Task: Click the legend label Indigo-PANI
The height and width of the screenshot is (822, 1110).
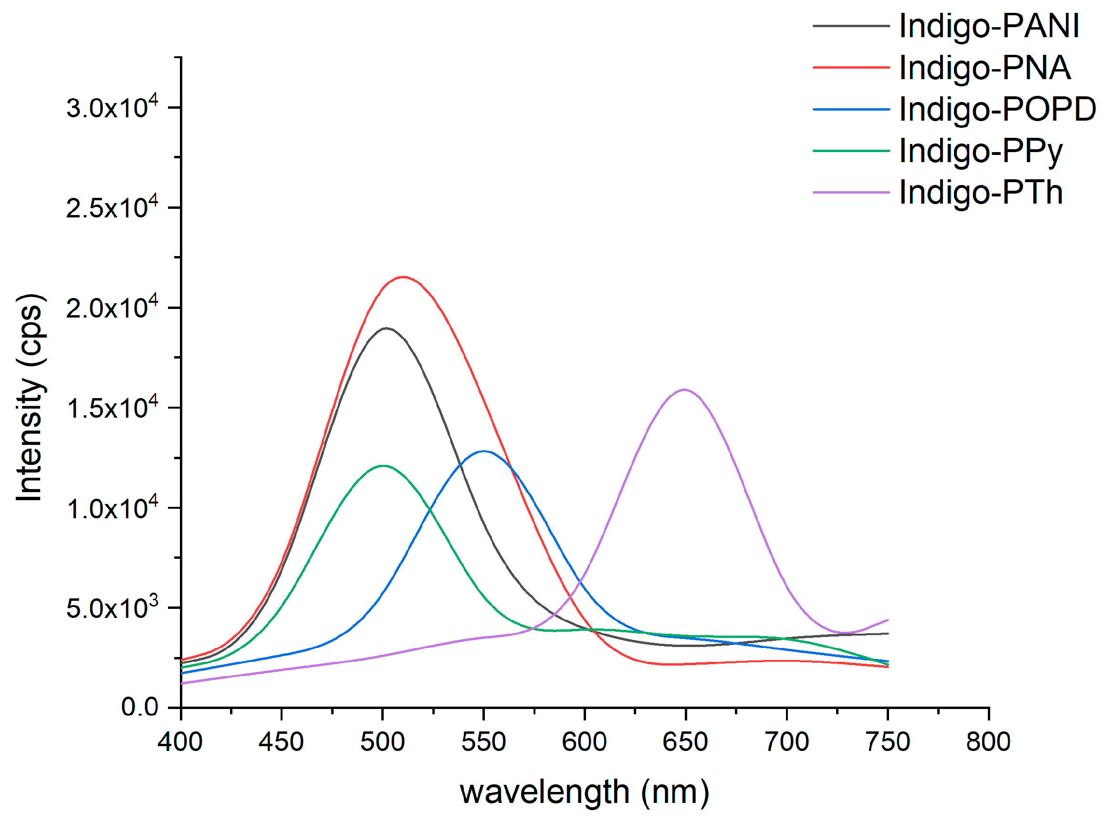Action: (988, 26)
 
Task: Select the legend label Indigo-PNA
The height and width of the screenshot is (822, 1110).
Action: (984, 68)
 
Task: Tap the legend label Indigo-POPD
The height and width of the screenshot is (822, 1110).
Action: (997, 109)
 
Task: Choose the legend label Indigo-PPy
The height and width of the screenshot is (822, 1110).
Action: (981, 151)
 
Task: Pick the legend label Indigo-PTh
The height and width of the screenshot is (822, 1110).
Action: (981, 193)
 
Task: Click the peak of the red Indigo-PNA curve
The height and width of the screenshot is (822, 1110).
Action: (403, 277)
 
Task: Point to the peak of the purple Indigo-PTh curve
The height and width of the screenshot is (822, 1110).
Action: (684, 389)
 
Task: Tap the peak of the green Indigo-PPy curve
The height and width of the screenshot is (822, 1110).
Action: (382, 465)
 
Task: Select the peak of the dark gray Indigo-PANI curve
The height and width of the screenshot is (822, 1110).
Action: (386, 328)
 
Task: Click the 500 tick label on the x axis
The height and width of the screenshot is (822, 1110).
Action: (382, 742)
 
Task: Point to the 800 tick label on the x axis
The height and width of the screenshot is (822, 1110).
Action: (988, 742)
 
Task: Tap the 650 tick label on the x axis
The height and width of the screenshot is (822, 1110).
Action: (685, 742)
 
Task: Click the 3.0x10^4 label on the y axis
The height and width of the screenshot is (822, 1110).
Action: (112, 107)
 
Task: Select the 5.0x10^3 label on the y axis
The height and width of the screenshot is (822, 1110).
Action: (112, 607)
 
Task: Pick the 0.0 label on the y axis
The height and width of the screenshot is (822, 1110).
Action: (139, 707)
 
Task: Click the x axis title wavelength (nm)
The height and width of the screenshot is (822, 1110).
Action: (584, 791)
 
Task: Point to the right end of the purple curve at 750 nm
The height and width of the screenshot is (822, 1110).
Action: (887, 620)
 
